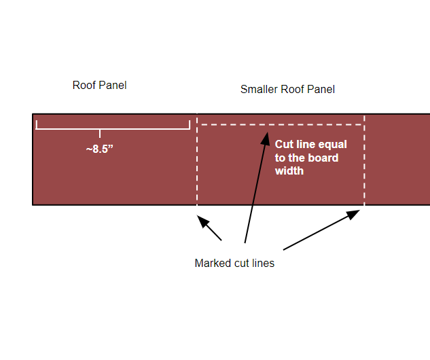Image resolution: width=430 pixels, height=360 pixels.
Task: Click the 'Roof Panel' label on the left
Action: pyautogui.click(x=99, y=86)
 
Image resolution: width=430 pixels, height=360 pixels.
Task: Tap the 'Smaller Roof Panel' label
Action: pyautogui.click(x=287, y=90)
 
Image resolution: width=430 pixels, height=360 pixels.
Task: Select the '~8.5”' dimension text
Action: pyautogui.click(x=99, y=149)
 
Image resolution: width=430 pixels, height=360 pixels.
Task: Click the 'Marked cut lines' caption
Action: pyautogui.click(x=234, y=263)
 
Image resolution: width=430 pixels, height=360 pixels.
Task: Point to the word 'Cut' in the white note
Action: pyautogui.click(x=284, y=145)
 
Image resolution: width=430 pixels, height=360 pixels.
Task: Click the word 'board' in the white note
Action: pyautogui.click(x=322, y=158)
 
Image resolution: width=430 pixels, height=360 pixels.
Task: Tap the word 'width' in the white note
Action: pyautogui.click(x=289, y=171)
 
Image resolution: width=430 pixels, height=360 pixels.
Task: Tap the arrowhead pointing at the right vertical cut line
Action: pyautogui.click(x=353, y=215)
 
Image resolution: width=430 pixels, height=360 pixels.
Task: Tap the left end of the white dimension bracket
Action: pyautogui.click(x=37, y=124)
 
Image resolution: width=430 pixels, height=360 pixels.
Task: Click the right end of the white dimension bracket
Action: pyautogui.click(x=189, y=124)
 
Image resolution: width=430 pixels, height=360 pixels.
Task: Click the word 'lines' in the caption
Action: pyautogui.click(x=263, y=263)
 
